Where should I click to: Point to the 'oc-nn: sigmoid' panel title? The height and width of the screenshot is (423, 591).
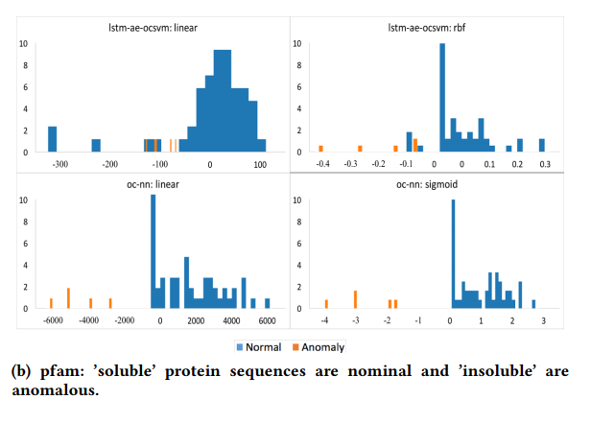pos(433,184)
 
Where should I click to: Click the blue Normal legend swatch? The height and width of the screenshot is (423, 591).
pos(239,347)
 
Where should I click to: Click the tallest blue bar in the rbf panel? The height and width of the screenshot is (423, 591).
pos(442,96)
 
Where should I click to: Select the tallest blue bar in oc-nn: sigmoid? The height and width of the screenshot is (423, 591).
pos(452,253)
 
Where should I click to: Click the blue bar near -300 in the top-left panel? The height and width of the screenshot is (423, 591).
pos(53,139)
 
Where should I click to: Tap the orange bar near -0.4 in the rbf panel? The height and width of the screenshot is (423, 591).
pos(320,149)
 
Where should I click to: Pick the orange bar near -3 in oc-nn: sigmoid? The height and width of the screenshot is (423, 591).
pos(355,299)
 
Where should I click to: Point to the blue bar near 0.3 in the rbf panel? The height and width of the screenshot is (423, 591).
pos(541,145)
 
